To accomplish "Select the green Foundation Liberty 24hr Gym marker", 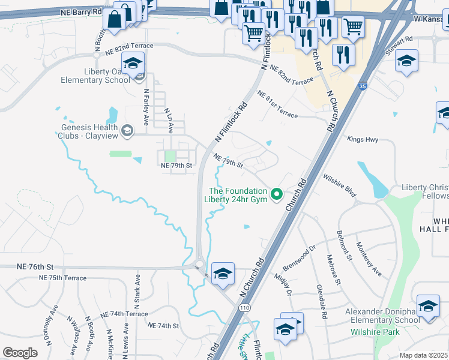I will coord(277,193).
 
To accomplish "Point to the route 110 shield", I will coord(245,307).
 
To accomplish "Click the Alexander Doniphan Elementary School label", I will coord(382,316).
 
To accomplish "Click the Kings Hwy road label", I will coord(363,139).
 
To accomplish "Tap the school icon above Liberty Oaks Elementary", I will coord(133,62).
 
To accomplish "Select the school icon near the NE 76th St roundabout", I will coord(223,273).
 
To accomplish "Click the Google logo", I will coord(20,353).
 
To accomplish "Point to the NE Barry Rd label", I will coord(82,12).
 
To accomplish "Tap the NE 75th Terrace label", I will coord(62,278).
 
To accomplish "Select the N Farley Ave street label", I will coord(146,107).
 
